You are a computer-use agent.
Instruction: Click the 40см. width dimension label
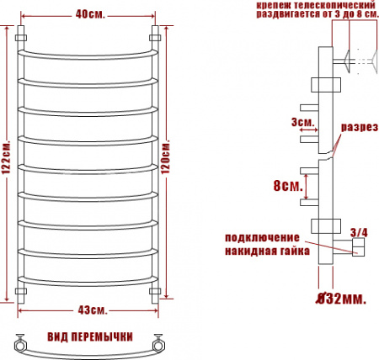click(x=91, y=14)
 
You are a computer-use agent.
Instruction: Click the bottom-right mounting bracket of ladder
click(x=155, y=291)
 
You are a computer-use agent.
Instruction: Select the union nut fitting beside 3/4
click(x=357, y=246)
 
